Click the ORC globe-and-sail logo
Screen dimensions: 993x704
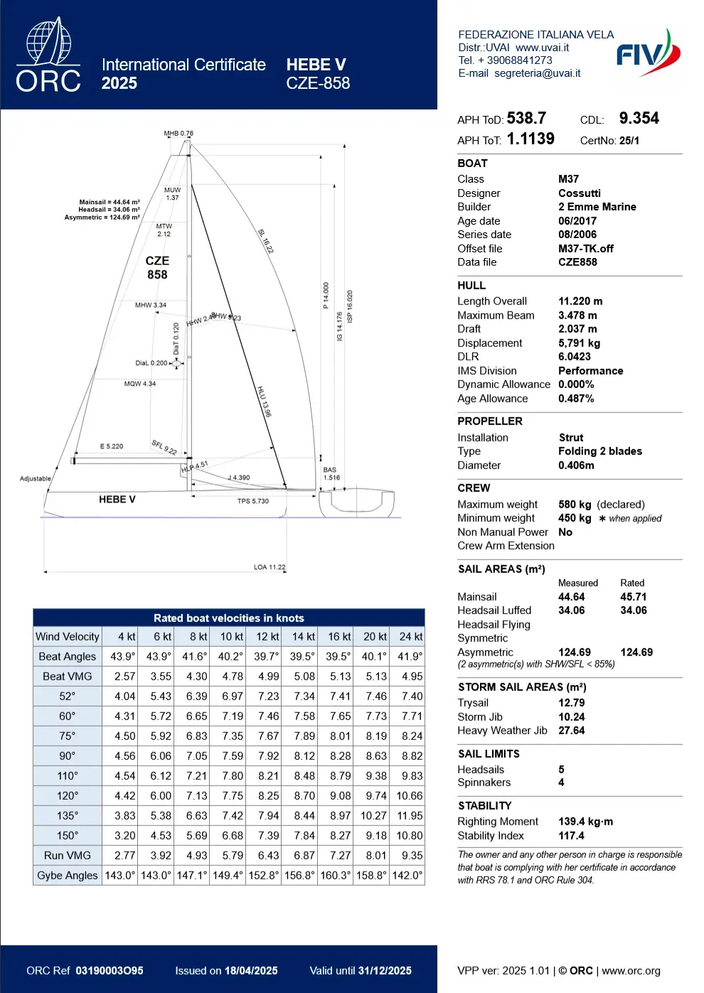pos(48,55)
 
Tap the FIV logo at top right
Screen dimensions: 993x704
pos(648,53)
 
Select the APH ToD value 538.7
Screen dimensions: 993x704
pos(526,118)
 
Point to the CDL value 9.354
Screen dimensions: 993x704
pos(639,118)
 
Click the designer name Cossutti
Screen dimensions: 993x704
pos(579,193)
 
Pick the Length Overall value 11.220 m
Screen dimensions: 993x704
pos(580,301)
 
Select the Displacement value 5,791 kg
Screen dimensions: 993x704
pos(579,343)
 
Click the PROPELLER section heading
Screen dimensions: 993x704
pos(489,422)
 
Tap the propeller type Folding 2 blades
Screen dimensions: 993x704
pos(599,451)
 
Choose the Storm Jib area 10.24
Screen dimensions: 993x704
pos(571,717)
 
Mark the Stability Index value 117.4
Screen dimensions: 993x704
pos(571,836)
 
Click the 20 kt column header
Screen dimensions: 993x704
pos(374,637)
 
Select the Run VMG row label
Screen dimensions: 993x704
pos(68,856)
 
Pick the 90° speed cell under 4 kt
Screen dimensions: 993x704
pos(124,756)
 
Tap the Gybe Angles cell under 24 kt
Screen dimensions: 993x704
pos(407,876)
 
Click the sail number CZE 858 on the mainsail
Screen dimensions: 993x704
pos(157,268)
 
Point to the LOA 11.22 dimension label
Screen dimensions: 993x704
pos(270,567)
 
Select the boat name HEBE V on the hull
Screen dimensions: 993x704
pos(117,500)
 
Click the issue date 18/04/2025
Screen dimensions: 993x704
pos(251,971)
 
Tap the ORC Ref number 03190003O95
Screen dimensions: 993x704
pos(110,971)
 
